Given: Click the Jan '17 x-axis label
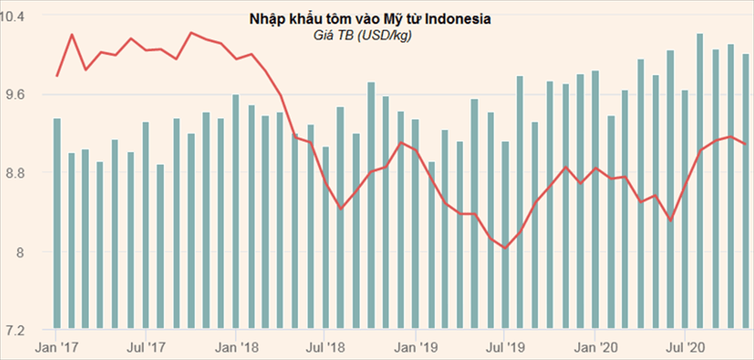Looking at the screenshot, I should (x=57, y=345).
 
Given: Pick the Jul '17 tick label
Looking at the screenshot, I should (x=147, y=345).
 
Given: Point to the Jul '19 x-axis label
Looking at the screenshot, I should (x=506, y=345).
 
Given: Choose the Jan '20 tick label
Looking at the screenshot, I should (x=596, y=345).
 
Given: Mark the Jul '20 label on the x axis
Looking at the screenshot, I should (x=686, y=345).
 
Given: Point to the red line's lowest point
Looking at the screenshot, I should (x=505, y=248).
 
